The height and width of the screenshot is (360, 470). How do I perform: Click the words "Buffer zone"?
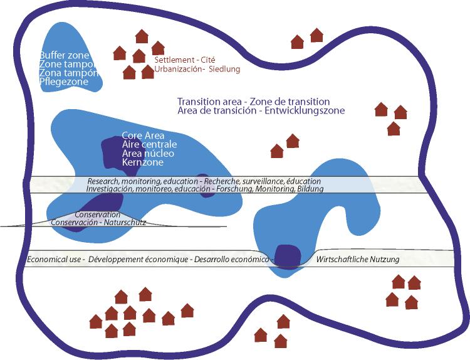[65, 55]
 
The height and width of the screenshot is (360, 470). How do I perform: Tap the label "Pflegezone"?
[63, 82]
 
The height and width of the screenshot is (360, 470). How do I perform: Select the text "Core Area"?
[144, 135]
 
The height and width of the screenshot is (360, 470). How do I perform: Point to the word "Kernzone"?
[143, 162]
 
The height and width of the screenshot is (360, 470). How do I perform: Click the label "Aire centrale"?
[150, 145]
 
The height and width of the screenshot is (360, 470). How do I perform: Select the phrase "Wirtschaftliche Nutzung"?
[358, 259]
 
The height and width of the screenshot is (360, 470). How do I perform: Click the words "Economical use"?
[55, 259]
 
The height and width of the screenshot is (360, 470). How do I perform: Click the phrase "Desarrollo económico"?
[231, 259]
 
